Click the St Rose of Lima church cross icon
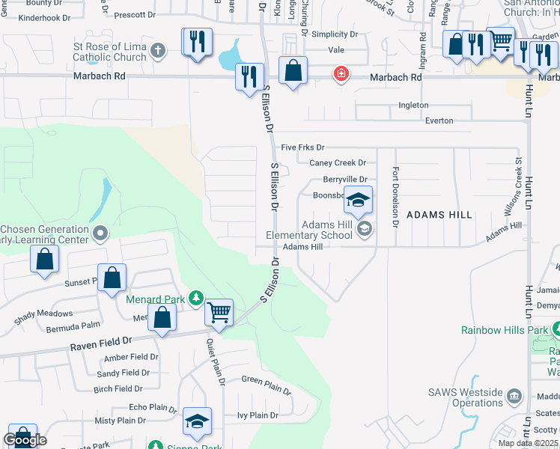pos(157,52)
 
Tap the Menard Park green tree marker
pos(196,299)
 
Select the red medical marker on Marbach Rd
pos(341,74)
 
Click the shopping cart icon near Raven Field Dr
pos(219,311)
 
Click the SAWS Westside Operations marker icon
pos(514,395)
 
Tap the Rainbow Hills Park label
pos(505,329)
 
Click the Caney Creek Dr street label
pos(338,163)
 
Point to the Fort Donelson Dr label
pos(395,192)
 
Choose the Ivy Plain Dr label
pos(258,415)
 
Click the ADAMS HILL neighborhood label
pos(439,215)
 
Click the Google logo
pos(24,440)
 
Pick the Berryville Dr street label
pos(345,180)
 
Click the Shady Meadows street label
pos(43,314)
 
